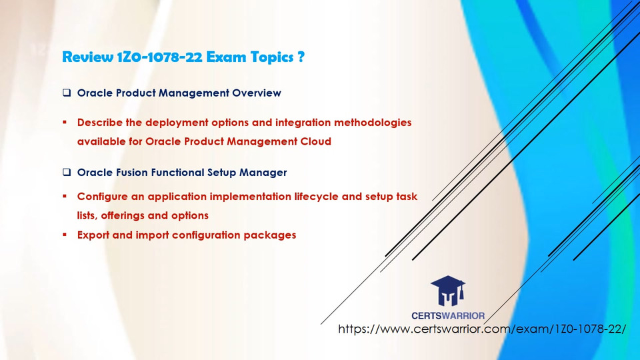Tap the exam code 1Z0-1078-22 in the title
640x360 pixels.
pos(159,57)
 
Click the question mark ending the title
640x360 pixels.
pos(301,57)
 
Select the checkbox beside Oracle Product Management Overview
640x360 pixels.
pos(67,93)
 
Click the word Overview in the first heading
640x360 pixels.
pos(256,93)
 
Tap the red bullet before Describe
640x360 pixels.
pos(65,122)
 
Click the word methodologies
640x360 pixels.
pos(373,123)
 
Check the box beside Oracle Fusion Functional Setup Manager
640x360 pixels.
pos(67,172)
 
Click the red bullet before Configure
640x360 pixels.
pos(65,196)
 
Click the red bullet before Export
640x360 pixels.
pos(65,235)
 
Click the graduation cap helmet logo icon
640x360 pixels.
pos(448,291)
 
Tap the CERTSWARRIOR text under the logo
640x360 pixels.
pos(448,315)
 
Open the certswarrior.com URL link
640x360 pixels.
pos(481,329)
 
